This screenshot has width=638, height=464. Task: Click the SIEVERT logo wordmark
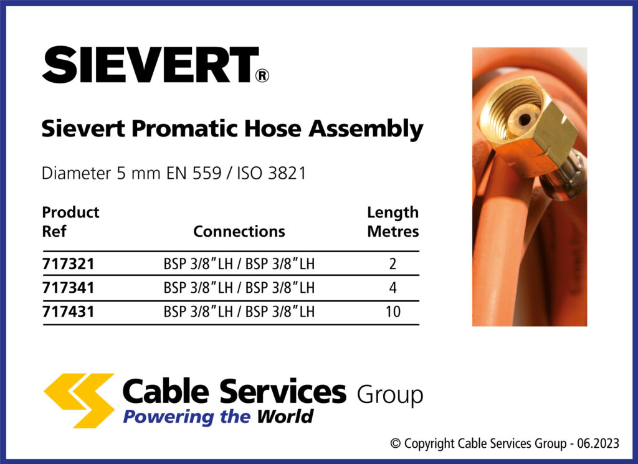point(150,65)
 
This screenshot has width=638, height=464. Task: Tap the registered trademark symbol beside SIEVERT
point(262,76)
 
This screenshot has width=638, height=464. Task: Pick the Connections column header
point(239,232)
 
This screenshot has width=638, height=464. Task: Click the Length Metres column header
point(393,222)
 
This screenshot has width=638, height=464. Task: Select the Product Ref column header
point(70,222)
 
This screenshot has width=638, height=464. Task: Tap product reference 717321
point(68,264)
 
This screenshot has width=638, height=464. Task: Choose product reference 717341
point(68,288)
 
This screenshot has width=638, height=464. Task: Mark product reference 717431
point(68,312)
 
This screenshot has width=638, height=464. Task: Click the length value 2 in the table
point(393,264)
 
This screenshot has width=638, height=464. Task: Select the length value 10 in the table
point(393,312)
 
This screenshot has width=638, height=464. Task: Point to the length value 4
point(393,288)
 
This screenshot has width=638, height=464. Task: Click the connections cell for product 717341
point(239,288)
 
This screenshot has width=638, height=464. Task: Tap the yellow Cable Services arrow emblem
point(79,399)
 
